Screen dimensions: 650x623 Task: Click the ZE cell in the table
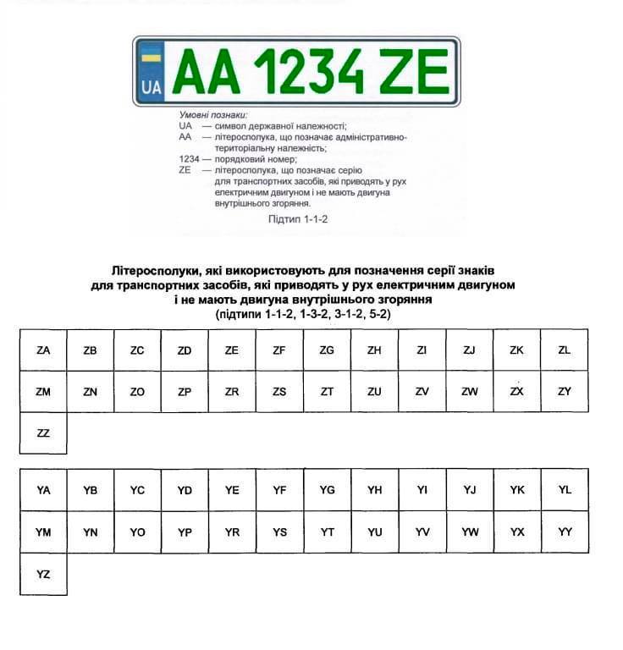point(232,350)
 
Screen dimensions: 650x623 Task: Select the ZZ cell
point(43,433)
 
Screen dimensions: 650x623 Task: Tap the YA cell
point(43,490)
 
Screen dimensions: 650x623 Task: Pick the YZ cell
point(43,575)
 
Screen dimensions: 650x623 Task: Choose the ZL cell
point(565,350)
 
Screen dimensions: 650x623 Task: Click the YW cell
point(470,532)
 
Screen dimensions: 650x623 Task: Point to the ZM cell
point(43,392)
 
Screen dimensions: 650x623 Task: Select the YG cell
point(328,490)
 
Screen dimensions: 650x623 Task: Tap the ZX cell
point(517,392)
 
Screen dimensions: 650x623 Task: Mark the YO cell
point(138,532)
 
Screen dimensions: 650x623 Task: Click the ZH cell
point(375,350)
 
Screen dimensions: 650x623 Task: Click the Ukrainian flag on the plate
point(152,58)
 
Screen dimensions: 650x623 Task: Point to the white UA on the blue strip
point(152,86)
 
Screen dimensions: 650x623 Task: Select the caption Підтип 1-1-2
point(297,218)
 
